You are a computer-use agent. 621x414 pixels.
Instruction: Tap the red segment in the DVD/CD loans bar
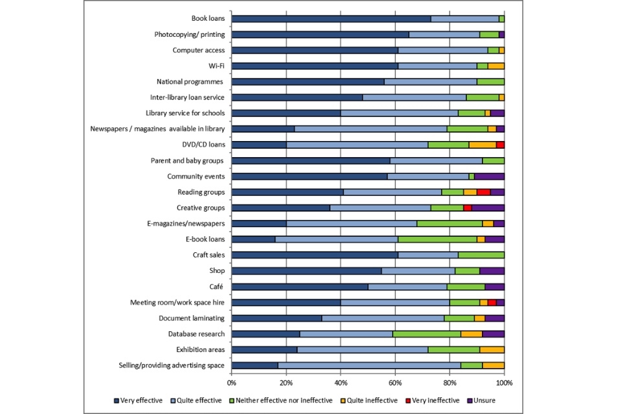[x=500, y=145]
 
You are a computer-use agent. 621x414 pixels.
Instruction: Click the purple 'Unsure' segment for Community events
[x=489, y=176]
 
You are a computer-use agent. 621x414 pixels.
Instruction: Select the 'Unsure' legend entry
[x=483, y=400]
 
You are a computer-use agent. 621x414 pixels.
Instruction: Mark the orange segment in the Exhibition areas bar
[x=492, y=349]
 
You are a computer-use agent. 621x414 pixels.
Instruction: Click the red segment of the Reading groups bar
[x=483, y=192]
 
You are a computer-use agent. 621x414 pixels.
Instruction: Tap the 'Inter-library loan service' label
[x=186, y=98]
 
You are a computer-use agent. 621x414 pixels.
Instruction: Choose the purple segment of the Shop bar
[x=492, y=270]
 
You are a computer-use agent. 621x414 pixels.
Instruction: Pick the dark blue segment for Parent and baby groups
[x=310, y=160]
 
